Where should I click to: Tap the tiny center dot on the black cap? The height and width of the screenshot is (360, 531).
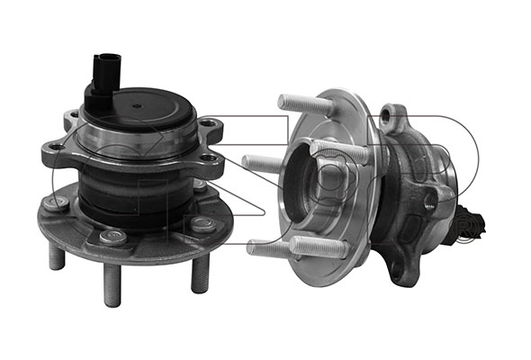(137, 106)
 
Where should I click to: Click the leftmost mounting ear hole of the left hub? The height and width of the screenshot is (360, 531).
(55, 148)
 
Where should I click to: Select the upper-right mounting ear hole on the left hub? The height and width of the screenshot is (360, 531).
(210, 122)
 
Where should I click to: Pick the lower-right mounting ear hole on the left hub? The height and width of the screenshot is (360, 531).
(210, 158)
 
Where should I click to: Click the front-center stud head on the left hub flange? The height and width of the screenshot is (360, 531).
(113, 237)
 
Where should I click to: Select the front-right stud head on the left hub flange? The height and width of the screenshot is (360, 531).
(203, 224)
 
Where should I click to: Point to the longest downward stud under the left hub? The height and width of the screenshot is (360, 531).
(112, 284)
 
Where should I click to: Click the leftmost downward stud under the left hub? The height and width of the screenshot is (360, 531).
(57, 256)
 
